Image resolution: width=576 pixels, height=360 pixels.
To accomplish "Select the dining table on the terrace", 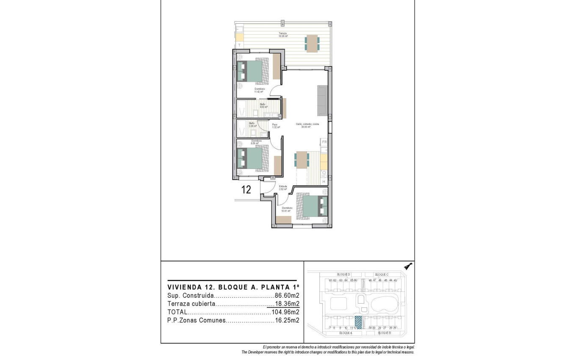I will [312, 43].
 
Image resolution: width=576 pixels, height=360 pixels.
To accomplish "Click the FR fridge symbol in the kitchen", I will [324, 142].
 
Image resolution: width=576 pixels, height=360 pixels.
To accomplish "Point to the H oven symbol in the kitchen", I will [324, 181].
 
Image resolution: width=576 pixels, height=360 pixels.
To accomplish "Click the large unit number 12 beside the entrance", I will [246, 189].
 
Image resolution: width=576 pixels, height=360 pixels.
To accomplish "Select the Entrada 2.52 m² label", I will [282, 188].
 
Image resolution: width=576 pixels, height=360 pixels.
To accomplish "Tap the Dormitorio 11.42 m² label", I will [259, 90].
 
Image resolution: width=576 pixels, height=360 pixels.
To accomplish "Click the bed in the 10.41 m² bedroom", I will [312, 206].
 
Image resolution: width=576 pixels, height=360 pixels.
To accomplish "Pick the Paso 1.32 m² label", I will [276, 126].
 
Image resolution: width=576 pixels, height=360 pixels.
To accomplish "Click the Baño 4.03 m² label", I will [263, 105].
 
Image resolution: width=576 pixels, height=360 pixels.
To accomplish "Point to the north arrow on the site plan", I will [408, 266].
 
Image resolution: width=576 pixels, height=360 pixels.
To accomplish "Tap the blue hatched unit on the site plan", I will [358, 322].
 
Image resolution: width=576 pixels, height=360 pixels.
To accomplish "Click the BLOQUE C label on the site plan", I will [382, 274].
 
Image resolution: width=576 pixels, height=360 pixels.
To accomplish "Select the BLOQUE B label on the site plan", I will [384, 333].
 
